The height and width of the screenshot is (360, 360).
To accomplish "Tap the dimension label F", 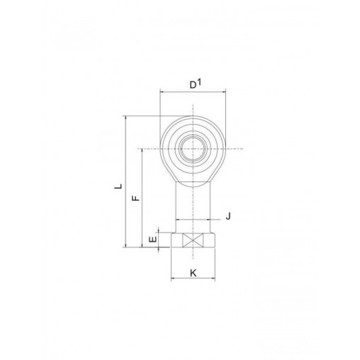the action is (x=135, y=198).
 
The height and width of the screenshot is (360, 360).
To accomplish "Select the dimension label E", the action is (x=153, y=240).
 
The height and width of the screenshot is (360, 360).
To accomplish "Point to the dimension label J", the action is (x=228, y=216).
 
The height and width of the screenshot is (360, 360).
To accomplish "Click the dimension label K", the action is (x=193, y=273).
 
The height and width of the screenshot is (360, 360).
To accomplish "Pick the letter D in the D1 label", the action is (x=193, y=85).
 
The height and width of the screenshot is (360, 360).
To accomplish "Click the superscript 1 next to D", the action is (x=199, y=82).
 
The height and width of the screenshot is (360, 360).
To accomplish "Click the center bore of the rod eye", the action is (x=193, y=149).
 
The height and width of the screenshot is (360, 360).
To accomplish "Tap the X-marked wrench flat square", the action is (x=193, y=240).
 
